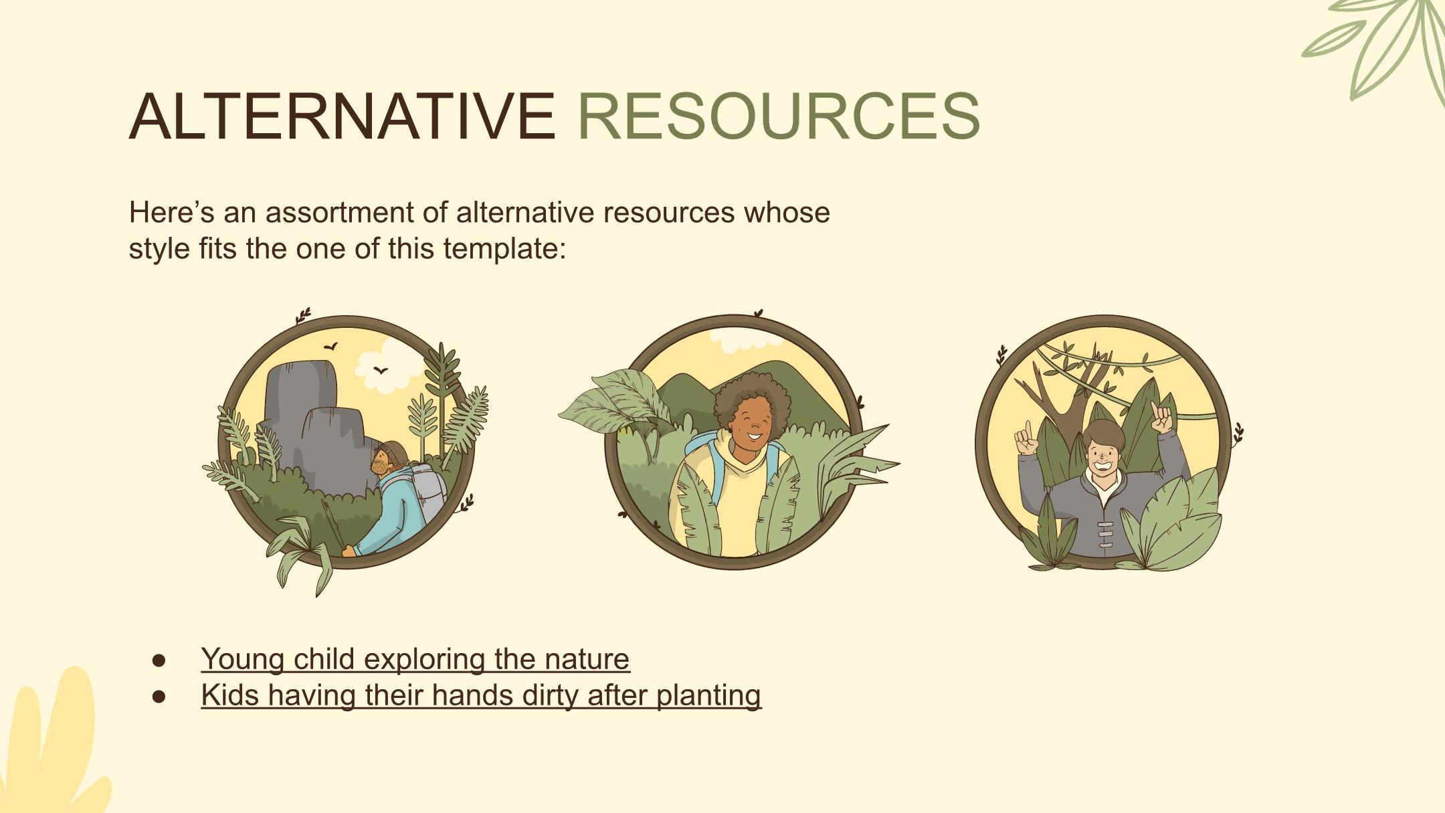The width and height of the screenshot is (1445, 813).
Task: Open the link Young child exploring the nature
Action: pos(415,658)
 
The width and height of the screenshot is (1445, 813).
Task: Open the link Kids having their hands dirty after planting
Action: pos(481,695)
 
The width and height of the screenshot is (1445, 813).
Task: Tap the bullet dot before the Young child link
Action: pos(159,660)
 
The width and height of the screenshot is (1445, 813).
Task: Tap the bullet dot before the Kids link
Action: pos(159,697)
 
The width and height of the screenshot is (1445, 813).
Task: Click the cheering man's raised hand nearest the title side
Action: pos(1025,438)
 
